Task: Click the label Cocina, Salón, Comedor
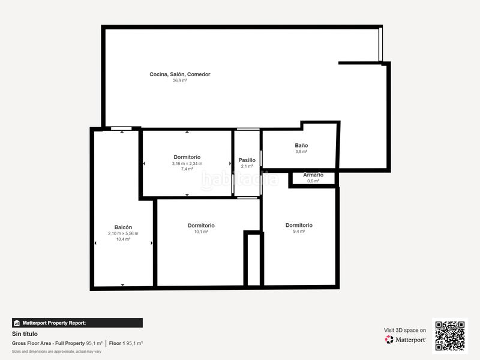[179, 74]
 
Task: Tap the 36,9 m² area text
[179, 80]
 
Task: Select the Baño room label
[301, 145]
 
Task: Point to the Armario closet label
[313, 175]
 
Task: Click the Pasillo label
[247, 160]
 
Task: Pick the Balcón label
[123, 227]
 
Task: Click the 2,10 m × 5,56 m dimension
[123, 233]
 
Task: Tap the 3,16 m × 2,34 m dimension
[187, 163]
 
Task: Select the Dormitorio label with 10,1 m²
[201, 226]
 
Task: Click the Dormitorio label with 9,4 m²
[299, 226]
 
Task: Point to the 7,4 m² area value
[187, 169]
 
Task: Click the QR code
[449, 336]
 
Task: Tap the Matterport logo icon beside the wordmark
[389, 340]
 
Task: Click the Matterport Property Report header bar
[77, 323]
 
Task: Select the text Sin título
[25, 334]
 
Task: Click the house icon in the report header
[17, 323]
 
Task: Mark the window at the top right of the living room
[380, 44]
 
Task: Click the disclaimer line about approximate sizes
[56, 352]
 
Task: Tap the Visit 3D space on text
[404, 331]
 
